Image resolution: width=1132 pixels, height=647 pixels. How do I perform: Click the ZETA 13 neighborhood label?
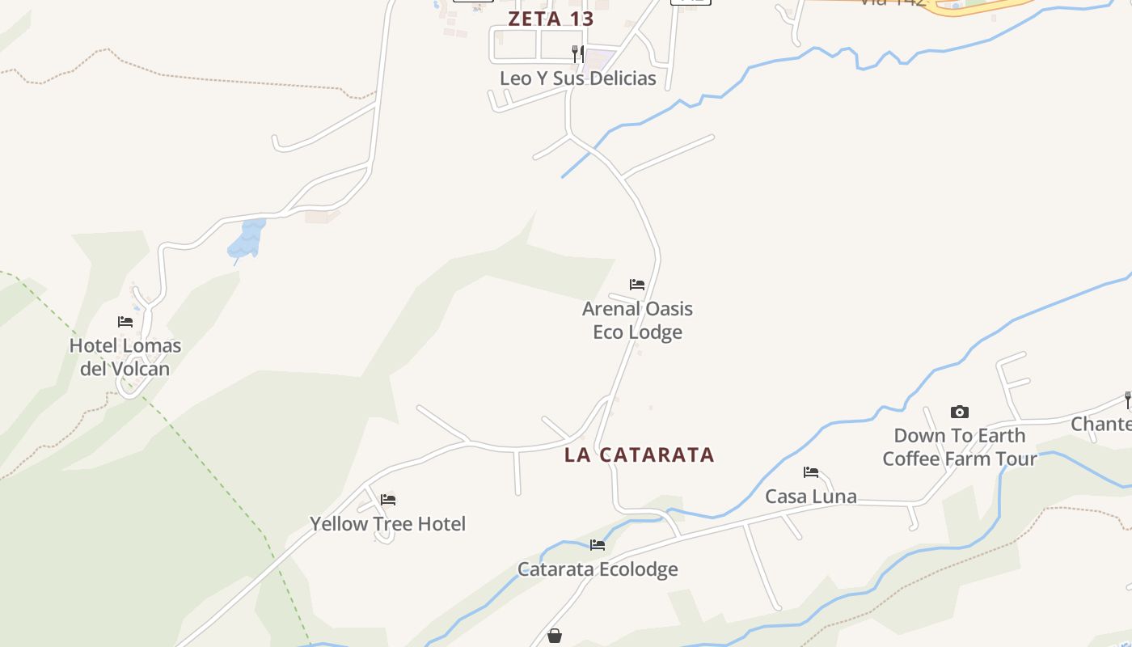pos(551,19)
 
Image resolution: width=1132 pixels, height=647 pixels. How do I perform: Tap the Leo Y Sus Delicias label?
pos(577,78)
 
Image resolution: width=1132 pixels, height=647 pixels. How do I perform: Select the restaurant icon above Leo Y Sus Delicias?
pos(577,53)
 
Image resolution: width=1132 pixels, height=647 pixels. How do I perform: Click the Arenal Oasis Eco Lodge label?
pos(637,320)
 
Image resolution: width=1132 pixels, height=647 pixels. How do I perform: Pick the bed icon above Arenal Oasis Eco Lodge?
pos(637,285)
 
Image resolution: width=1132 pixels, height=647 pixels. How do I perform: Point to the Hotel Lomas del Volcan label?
pos(125,357)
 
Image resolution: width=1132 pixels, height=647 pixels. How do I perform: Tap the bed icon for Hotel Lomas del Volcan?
pos(125,321)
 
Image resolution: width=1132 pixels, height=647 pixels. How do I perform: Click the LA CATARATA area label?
pos(639,455)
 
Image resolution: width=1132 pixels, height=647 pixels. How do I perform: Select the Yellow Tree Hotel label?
pos(387,524)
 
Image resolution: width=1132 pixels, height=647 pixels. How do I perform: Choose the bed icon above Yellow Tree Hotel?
pos(388,500)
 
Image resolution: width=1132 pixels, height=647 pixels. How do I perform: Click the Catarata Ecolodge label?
pos(598,569)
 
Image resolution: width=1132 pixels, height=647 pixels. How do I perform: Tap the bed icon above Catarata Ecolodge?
pos(598,545)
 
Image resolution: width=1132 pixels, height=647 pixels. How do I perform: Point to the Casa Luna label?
pos(811,497)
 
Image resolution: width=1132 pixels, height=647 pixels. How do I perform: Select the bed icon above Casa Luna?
pos(811,472)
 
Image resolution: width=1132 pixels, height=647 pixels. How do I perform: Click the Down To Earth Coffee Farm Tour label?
pos(959,447)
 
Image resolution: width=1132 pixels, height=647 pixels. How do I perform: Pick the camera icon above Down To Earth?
pos(960,412)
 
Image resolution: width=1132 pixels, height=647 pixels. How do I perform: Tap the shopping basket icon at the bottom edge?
pos(555,636)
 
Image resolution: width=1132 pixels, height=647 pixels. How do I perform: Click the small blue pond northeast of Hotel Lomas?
pos(247,238)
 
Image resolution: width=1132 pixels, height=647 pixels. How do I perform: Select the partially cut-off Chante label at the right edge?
pos(1101,424)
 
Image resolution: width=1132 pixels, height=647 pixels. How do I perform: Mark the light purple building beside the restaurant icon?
pos(599,59)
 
